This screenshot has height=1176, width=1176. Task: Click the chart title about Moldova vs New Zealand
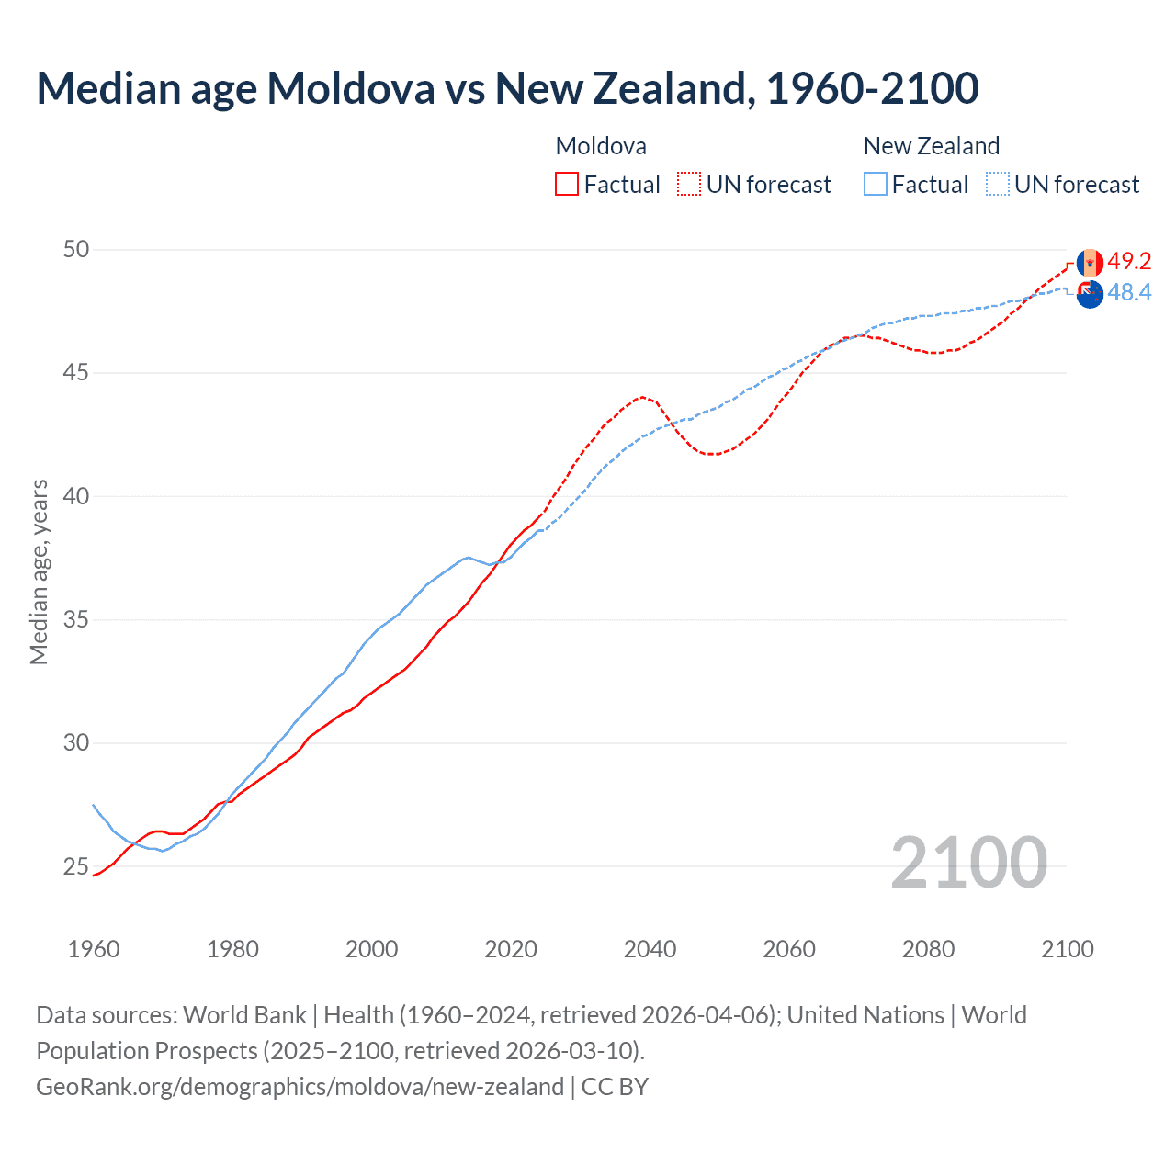coord(507,88)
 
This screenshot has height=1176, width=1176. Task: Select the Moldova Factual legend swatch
coord(567,184)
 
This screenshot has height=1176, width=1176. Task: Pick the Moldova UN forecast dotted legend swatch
coord(689,184)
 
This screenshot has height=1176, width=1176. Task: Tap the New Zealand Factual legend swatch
coord(876,184)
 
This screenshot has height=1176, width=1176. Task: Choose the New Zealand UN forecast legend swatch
coord(997,184)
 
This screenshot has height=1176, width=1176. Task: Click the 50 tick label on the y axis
coord(76,249)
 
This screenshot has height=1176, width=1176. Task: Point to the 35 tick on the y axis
coord(76,619)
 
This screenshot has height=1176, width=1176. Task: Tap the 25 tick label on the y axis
coord(76,866)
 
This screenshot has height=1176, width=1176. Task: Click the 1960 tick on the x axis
coord(94,949)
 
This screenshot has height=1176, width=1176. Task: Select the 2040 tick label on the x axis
coord(650,949)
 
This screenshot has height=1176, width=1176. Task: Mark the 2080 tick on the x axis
coord(928,949)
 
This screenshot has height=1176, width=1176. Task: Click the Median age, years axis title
coord(39,571)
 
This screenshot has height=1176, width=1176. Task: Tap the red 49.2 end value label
coord(1129,261)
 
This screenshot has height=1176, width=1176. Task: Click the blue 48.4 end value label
coord(1129,292)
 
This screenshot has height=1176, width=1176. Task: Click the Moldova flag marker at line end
coord(1090,263)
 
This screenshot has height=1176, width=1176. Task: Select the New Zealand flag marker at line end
coord(1090,295)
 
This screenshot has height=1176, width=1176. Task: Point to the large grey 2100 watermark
coord(968,862)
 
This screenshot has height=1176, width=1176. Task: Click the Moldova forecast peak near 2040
coord(643,397)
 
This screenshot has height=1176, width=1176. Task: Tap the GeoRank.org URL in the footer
coord(300,1086)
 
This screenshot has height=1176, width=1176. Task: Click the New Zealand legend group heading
coord(931,146)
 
